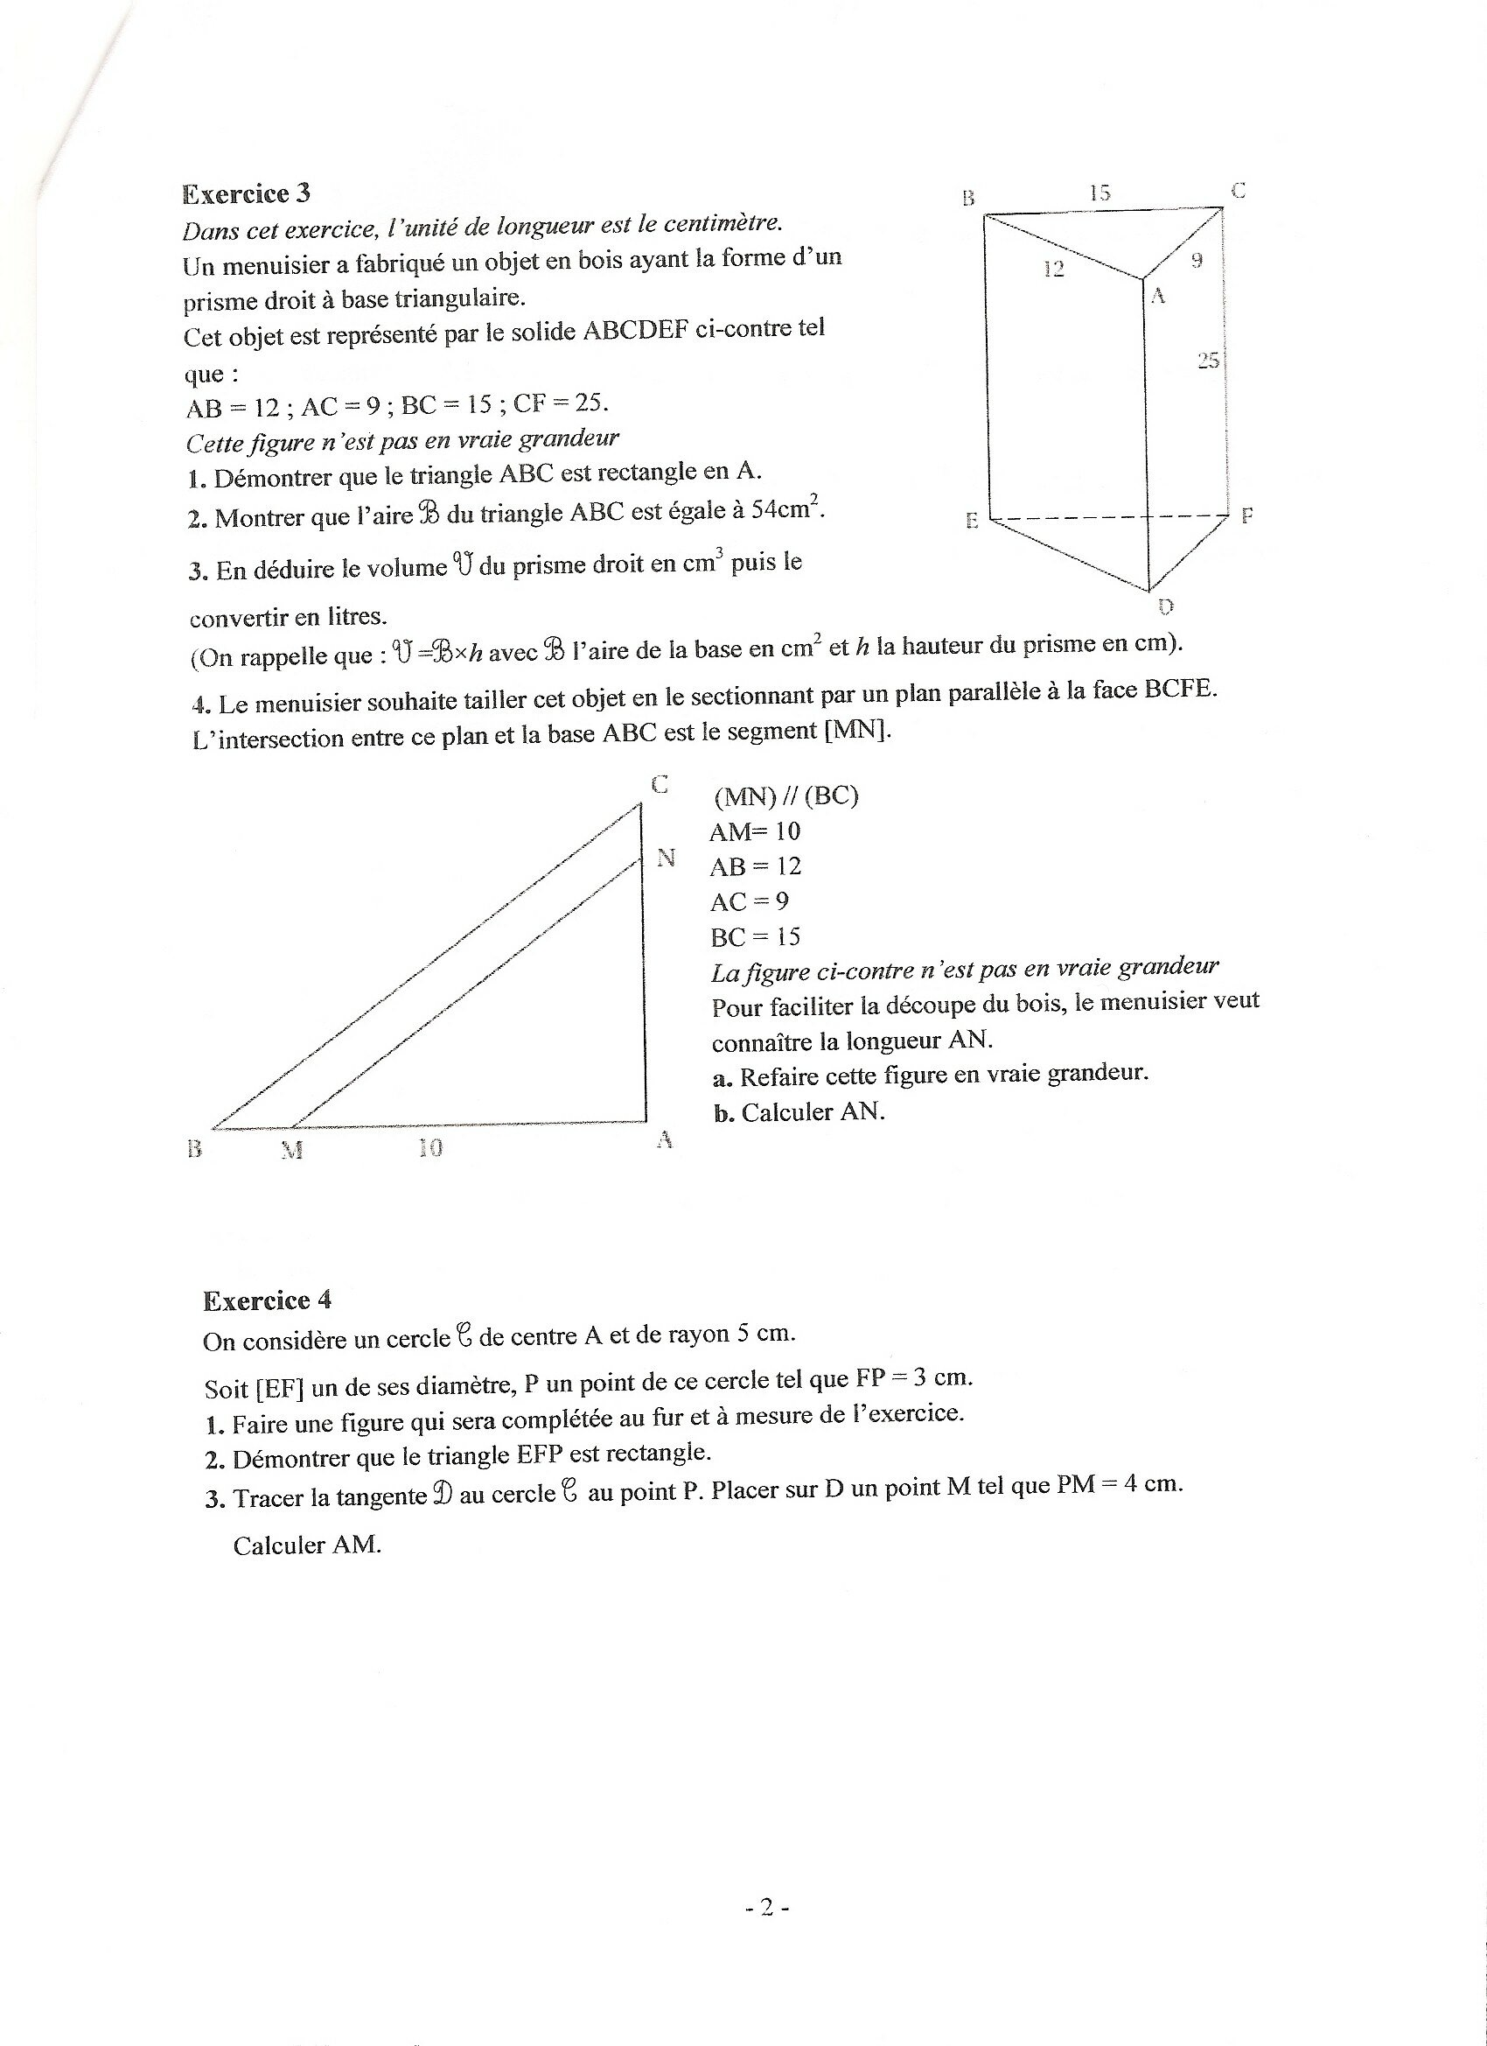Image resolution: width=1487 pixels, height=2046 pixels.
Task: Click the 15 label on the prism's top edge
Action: (1100, 193)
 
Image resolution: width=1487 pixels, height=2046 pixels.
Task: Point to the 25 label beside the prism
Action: (1208, 361)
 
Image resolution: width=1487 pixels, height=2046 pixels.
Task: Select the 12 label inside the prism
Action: (1053, 269)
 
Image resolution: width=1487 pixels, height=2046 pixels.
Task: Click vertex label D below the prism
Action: (1165, 606)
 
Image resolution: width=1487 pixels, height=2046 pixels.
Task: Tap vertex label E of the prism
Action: (972, 521)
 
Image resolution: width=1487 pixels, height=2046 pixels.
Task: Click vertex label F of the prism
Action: (1247, 516)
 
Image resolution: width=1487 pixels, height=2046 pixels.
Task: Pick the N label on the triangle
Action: (667, 858)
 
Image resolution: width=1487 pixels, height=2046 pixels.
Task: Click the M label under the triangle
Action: (291, 1150)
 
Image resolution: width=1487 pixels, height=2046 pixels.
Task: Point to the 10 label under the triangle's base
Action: (430, 1147)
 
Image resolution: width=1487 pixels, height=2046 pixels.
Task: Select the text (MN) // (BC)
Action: (785, 796)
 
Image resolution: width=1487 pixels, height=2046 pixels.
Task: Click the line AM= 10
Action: (755, 831)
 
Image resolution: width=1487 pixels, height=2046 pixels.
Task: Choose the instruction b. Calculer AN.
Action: (798, 1112)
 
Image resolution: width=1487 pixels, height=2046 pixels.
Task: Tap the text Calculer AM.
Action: (308, 1545)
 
